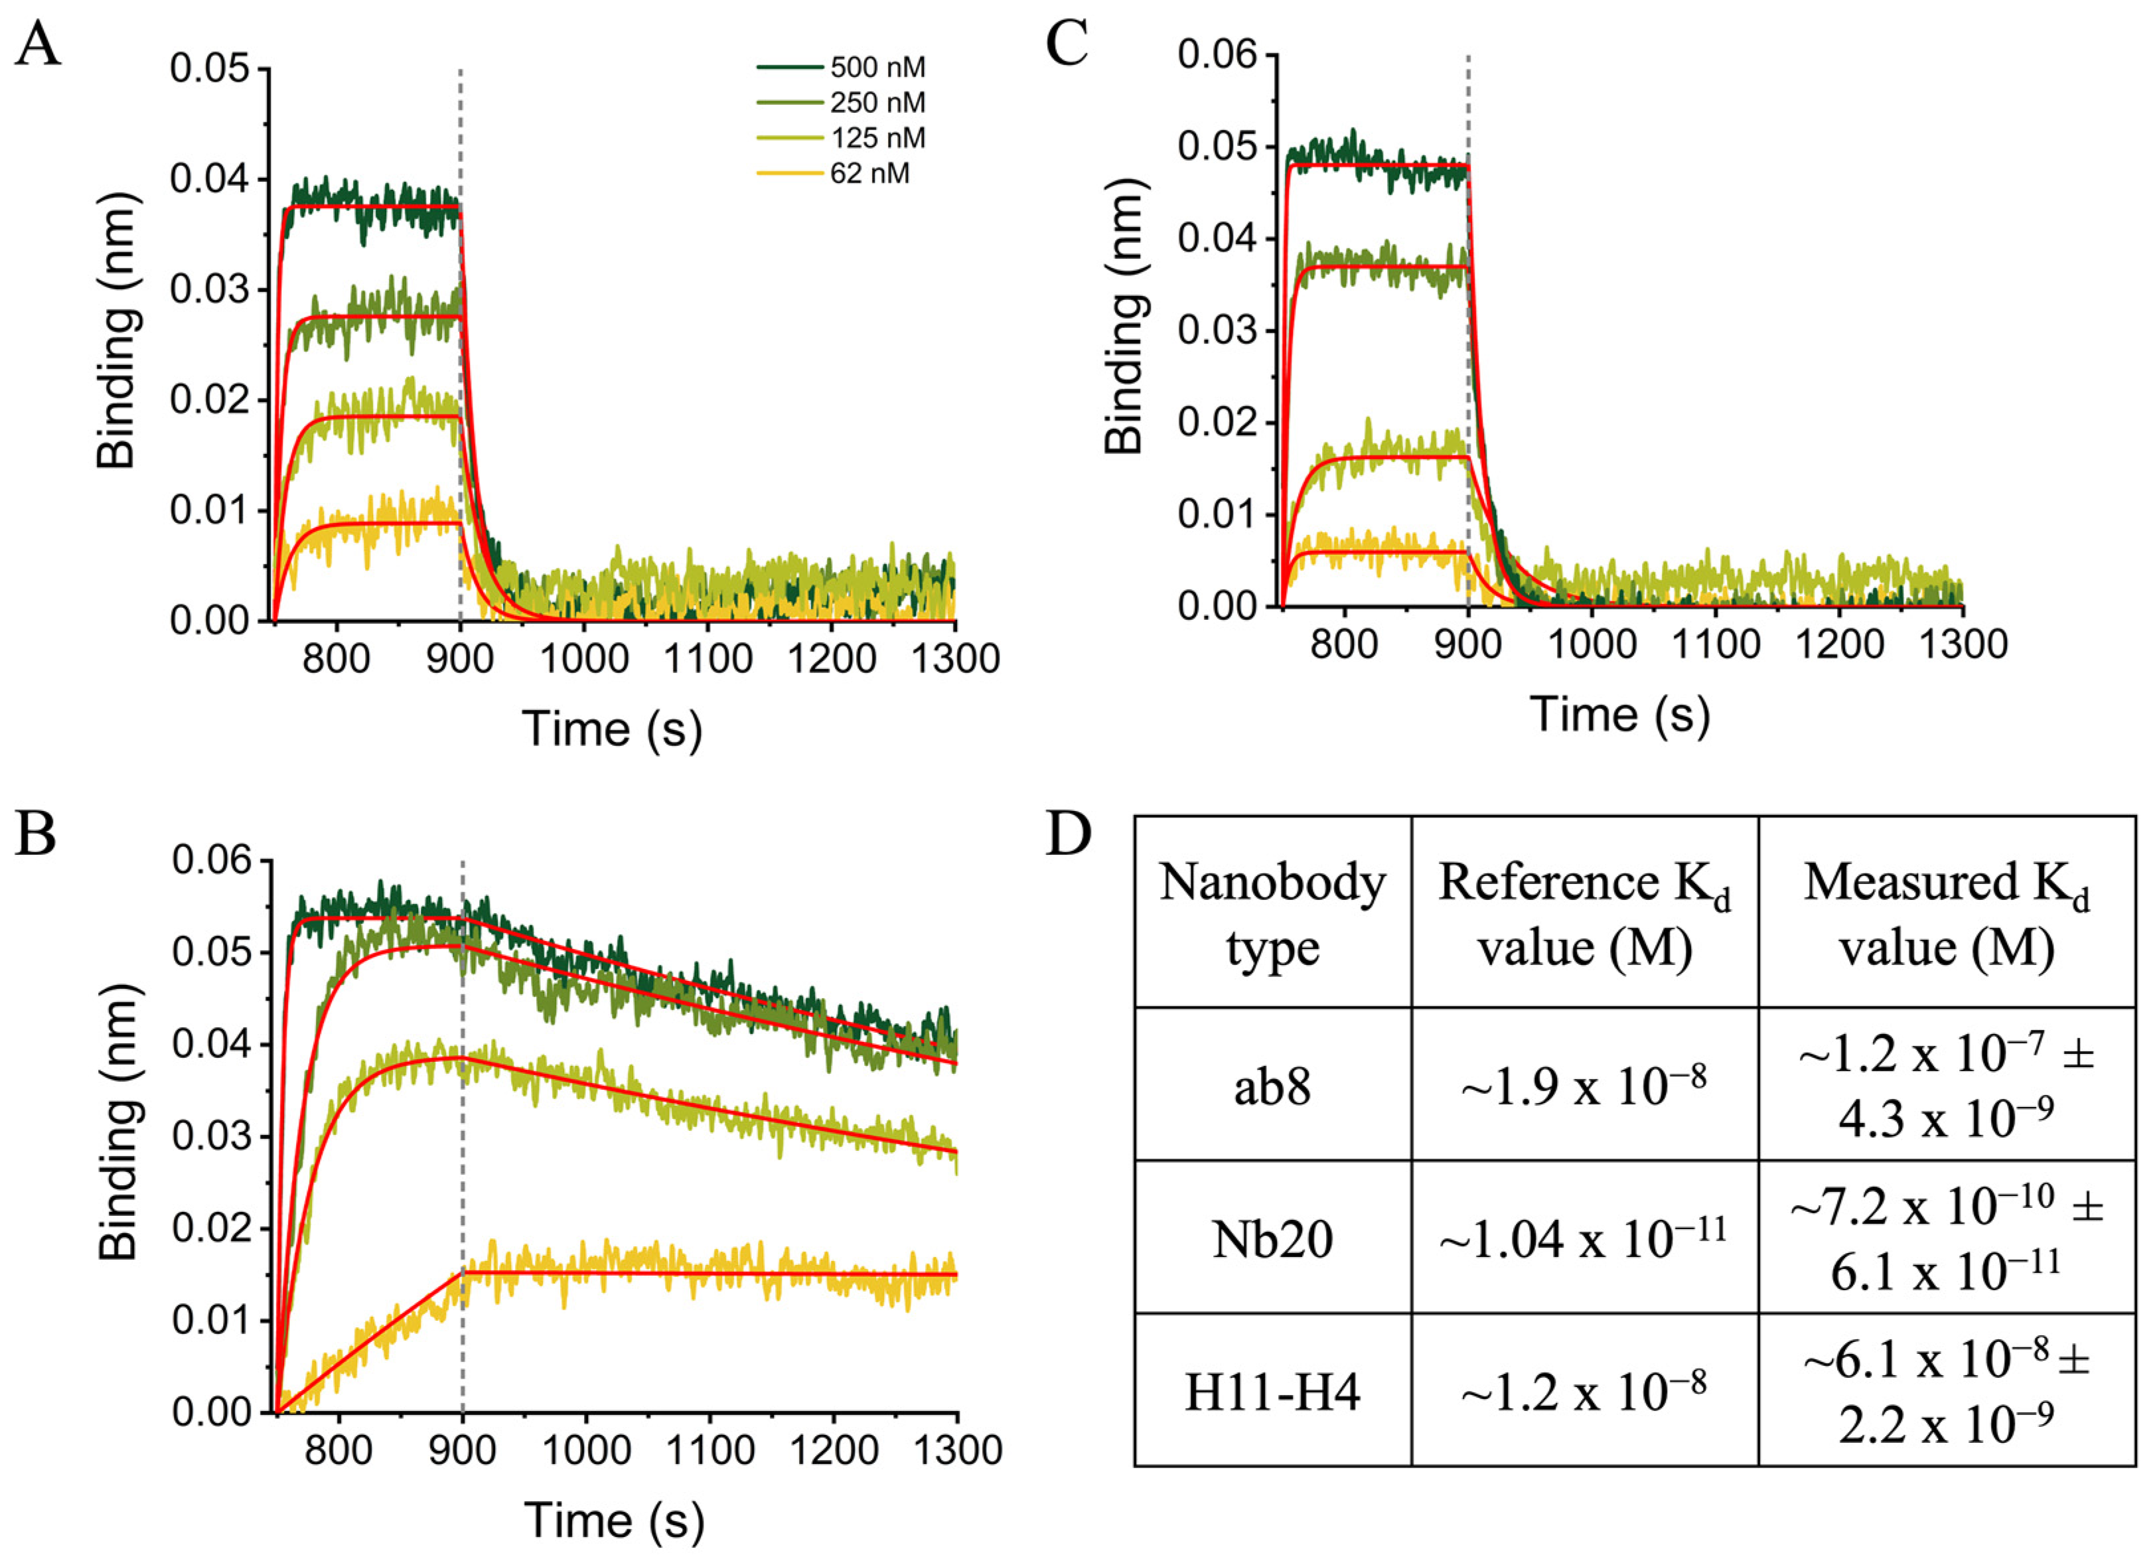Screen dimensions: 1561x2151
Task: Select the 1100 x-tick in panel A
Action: [x=707, y=658]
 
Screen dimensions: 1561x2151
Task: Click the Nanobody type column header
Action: [x=1272, y=914]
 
